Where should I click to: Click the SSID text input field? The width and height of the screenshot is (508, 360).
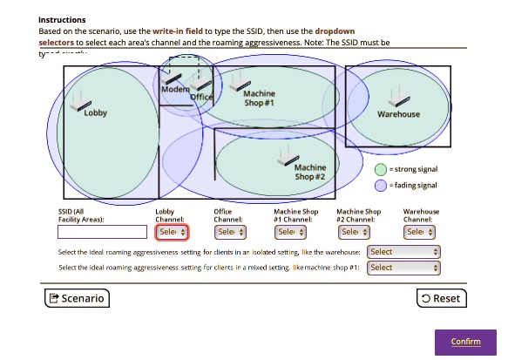[x=102, y=232]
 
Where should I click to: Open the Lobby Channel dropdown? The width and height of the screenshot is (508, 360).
[x=172, y=232]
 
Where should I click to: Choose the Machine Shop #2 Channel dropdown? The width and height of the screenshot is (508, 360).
[x=355, y=232]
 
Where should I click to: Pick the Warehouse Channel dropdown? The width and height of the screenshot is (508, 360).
[x=419, y=232]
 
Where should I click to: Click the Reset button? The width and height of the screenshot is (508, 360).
[x=441, y=298]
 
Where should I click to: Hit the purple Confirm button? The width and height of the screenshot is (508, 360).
[x=465, y=341]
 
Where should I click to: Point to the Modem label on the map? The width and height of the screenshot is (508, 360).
[x=175, y=90]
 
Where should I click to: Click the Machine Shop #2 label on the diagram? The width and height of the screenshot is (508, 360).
[x=309, y=172]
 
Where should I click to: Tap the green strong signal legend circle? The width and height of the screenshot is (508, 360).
[x=381, y=169]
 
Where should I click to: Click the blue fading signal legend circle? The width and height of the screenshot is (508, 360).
[x=381, y=186]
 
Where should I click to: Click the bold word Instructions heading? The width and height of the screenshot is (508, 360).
[x=62, y=19]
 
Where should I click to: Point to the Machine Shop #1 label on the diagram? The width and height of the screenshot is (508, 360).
[x=259, y=98]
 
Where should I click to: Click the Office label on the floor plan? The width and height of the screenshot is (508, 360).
[x=201, y=98]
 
